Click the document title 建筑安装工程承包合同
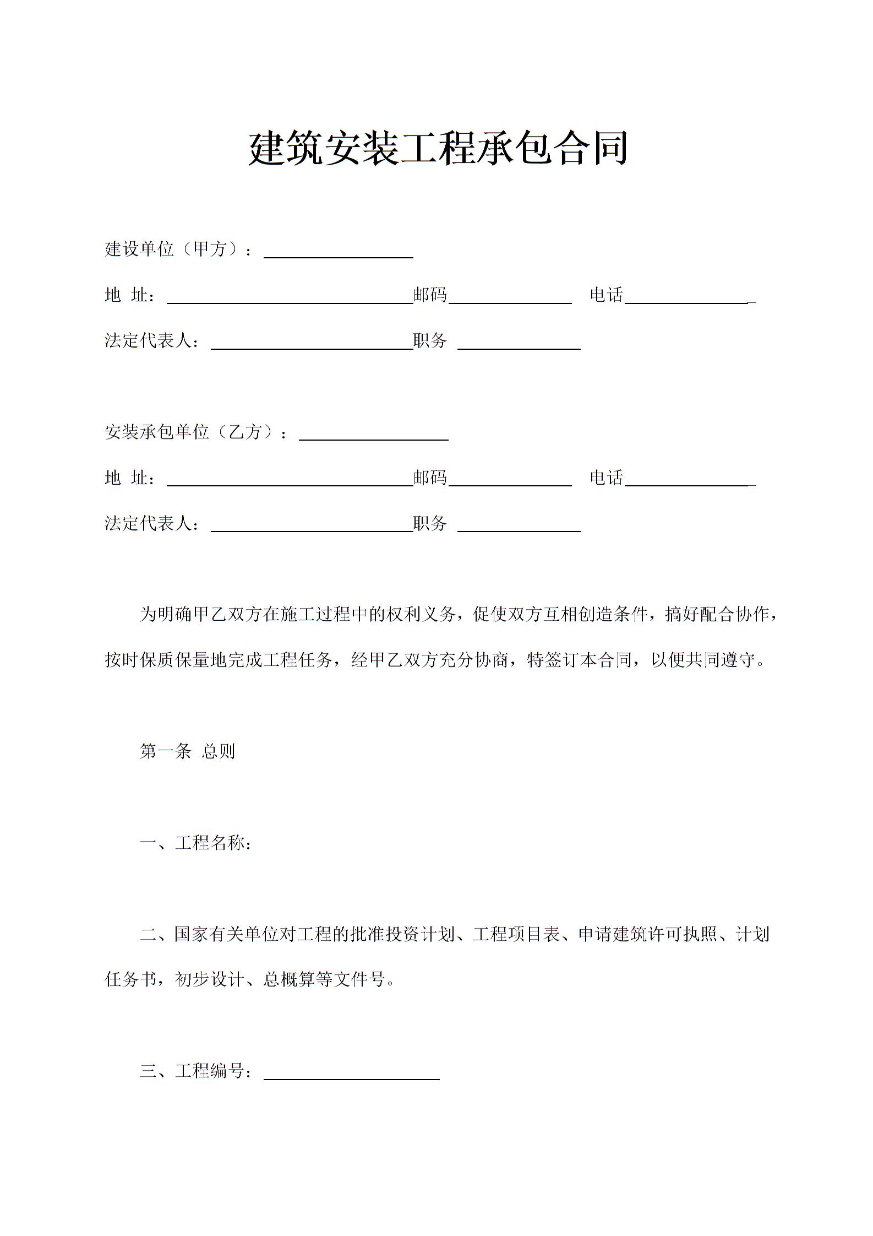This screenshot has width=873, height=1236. (438, 149)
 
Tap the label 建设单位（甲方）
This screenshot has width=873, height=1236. (177, 250)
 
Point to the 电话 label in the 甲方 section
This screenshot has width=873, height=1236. (606, 295)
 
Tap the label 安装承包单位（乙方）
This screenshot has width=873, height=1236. (195, 432)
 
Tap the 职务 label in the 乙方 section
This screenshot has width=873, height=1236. (429, 523)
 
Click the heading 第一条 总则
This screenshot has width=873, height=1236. (187, 751)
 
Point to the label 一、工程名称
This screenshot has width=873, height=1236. (195, 843)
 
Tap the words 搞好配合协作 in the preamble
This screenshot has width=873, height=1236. (718, 614)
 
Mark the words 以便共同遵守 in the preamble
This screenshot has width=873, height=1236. (703, 660)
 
